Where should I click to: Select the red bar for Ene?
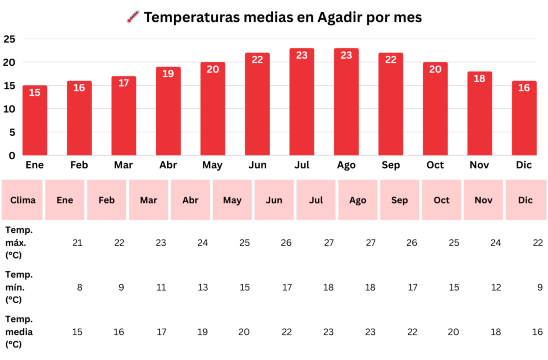[35, 122]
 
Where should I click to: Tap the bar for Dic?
[524, 120]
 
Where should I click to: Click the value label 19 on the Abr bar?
[168, 74]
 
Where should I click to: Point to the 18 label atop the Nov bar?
[479, 78]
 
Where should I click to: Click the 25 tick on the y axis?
[9, 39]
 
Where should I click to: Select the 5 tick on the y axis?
[12, 132]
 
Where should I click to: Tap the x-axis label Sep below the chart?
[390, 165]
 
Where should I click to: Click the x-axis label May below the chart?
[212, 165]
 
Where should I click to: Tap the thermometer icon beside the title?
[133, 17]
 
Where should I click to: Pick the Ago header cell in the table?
[358, 200]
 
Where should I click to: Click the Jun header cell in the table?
[274, 200]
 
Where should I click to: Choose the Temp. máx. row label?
[19, 243]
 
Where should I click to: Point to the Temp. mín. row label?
[19, 287]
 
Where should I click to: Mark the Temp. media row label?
[20, 331]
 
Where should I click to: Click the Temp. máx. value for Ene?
[78, 243]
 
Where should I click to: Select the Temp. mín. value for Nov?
[495, 287]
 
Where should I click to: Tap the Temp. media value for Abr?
[203, 331]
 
